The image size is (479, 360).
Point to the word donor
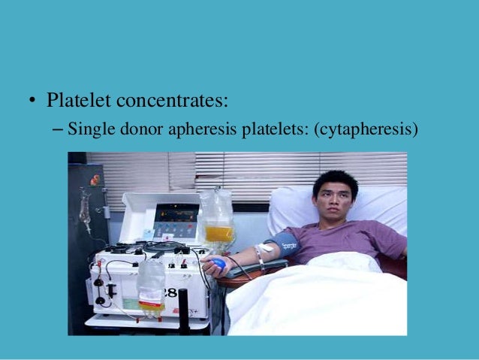[x=138, y=129]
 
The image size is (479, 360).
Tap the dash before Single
[x=59, y=129]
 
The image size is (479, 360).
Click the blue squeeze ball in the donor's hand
[x=217, y=264]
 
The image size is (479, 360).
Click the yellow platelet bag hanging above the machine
[x=218, y=231]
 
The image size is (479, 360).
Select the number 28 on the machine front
[x=172, y=292]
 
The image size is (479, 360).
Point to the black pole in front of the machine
[x=184, y=311]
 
